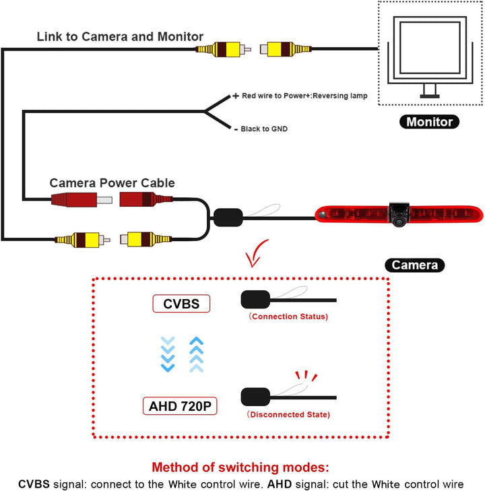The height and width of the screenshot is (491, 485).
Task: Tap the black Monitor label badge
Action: [x=429, y=122]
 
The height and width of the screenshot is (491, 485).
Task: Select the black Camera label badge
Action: [x=414, y=265]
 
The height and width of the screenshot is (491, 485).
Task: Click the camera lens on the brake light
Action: [x=399, y=222]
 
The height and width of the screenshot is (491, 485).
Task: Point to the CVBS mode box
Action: [x=181, y=304]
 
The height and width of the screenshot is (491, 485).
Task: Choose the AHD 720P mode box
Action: [x=180, y=406]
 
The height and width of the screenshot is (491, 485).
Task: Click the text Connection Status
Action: [x=288, y=317]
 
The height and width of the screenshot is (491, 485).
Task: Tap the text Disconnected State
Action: [x=288, y=414]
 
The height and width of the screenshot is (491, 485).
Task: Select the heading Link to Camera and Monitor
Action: [x=120, y=36]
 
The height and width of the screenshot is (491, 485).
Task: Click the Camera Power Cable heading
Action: [x=112, y=183]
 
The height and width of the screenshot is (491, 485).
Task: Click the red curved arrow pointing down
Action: [x=255, y=254]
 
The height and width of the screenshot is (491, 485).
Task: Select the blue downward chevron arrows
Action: [x=168, y=354]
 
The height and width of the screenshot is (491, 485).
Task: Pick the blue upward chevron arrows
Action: [x=196, y=354]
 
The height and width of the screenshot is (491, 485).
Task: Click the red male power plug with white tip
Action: [x=82, y=200]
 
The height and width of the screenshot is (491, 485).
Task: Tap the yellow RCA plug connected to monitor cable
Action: [x=286, y=49]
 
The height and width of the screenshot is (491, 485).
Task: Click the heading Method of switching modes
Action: [x=240, y=467]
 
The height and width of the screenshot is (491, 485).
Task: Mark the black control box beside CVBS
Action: [x=255, y=299]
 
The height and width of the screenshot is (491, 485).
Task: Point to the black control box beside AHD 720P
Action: [x=255, y=397]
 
